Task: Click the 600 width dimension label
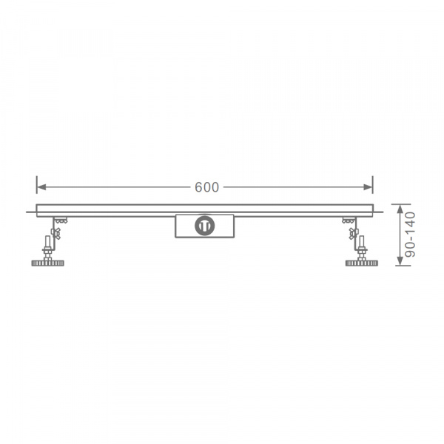(x=206, y=187)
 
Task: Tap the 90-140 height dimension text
(x=410, y=235)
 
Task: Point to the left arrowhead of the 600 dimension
(x=41, y=187)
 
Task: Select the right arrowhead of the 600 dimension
(x=368, y=187)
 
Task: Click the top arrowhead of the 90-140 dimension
(x=400, y=209)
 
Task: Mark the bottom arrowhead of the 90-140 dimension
(x=400, y=260)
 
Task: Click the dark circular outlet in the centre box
(x=204, y=226)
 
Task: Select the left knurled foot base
(x=47, y=263)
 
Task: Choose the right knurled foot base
(x=362, y=263)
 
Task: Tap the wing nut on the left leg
(x=55, y=233)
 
